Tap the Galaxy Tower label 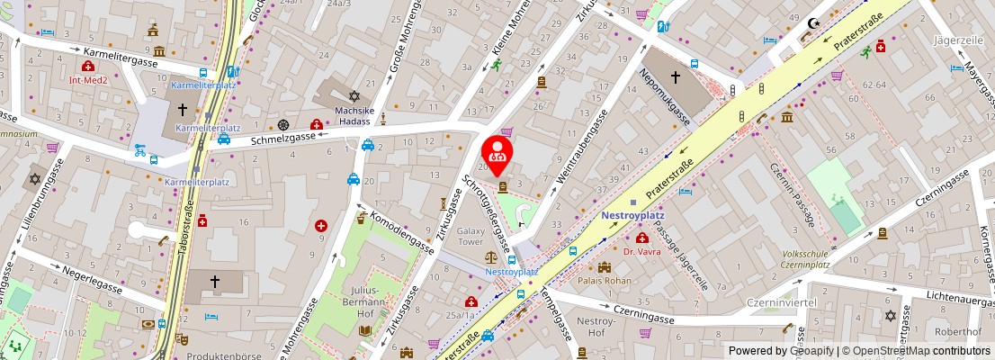tap(471, 237)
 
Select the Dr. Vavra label tap(642, 251)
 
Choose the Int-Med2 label tap(88, 78)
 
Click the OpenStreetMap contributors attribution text tap(914, 351)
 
